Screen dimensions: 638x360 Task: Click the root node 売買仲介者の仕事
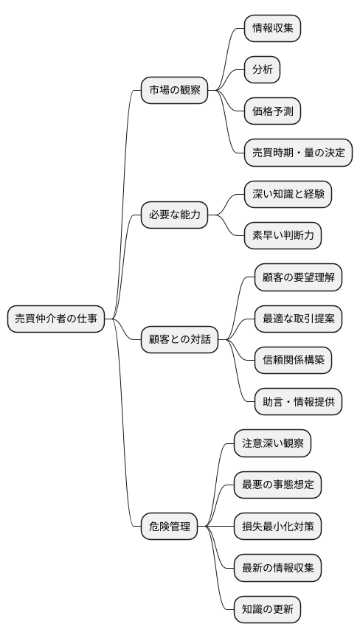(x=56, y=319)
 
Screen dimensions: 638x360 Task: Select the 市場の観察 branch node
(x=174, y=91)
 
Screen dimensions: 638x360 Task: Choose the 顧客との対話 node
(x=179, y=339)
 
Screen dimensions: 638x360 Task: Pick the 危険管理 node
(x=169, y=527)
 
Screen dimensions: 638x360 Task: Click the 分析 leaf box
(x=263, y=70)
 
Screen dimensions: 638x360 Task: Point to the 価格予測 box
(x=273, y=111)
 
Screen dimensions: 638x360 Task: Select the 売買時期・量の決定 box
(x=298, y=153)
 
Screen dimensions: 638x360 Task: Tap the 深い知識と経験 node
(x=288, y=195)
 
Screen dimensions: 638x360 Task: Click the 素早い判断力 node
(x=283, y=236)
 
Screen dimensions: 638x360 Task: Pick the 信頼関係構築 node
(x=293, y=360)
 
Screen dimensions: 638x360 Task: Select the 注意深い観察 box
(x=272, y=443)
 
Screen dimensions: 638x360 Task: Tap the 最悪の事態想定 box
(x=277, y=485)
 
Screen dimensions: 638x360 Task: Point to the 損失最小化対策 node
(x=277, y=527)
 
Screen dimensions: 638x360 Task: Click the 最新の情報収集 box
(x=277, y=568)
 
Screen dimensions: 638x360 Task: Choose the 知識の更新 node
(x=267, y=609)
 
